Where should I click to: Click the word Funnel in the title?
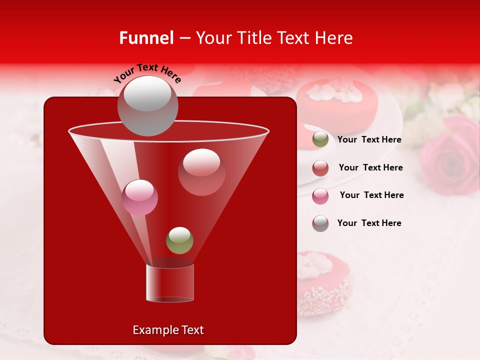[x=146, y=38]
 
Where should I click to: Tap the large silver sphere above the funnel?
[x=147, y=106]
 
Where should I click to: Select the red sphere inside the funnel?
[x=201, y=172]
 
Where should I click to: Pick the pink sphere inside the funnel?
[x=139, y=197]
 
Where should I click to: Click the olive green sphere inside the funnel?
[x=179, y=240]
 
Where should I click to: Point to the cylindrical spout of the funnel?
[x=169, y=283]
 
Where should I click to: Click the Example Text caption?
[x=168, y=330]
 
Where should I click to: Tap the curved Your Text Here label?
[x=147, y=73]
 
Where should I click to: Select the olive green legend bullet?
[x=320, y=139]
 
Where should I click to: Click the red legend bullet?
[x=320, y=168]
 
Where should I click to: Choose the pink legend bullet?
[x=320, y=195]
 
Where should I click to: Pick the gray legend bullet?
[x=320, y=223]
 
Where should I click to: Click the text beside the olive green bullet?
[x=369, y=140]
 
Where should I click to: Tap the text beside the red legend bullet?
[x=370, y=168]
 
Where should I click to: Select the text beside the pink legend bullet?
[x=371, y=195]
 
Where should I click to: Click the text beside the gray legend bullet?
[x=369, y=223]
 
